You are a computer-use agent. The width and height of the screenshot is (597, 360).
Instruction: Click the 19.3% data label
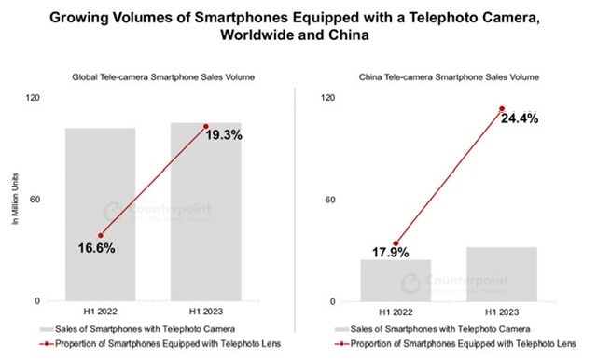coord(224,135)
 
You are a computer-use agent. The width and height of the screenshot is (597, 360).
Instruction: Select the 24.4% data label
coord(520,119)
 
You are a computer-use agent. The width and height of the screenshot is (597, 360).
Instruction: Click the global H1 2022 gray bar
coord(100,215)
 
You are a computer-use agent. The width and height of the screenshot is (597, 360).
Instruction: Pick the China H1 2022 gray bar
coord(396,280)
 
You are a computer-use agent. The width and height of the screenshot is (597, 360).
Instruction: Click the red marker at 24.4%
coord(502,109)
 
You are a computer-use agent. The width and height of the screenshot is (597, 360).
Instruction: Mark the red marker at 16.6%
coord(100,235)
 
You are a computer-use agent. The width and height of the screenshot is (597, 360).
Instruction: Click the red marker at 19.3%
coord(205,126)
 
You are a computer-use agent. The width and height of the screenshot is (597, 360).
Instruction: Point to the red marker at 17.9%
coord(396,243)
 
